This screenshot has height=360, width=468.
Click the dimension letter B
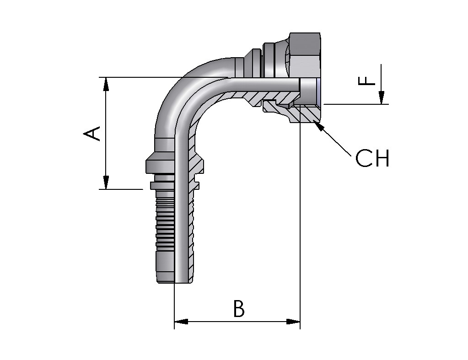tap(238, 309)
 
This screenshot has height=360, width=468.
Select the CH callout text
tap(372, 158)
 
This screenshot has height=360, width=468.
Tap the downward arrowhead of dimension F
tap(381, 98)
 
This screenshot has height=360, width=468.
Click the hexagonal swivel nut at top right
tap(304, 57)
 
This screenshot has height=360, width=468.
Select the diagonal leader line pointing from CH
tap(336, 142)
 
